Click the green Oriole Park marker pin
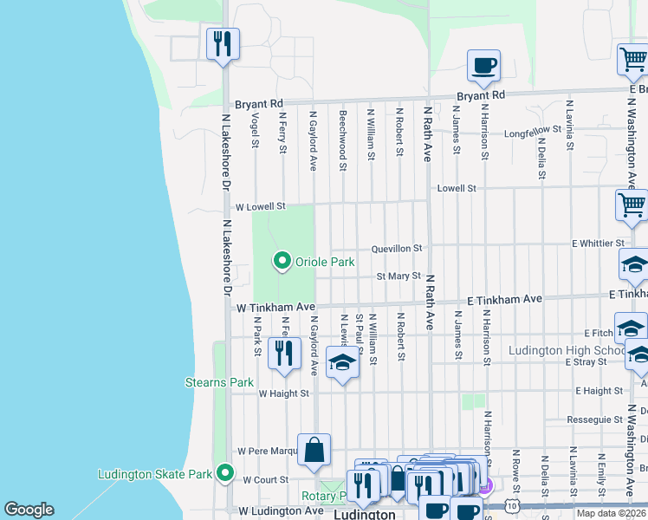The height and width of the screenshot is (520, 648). (282, 260)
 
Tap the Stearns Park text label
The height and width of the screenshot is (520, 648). (219, 382)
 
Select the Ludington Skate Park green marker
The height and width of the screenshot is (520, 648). (225, 473)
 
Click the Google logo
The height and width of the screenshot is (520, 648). (29, 510)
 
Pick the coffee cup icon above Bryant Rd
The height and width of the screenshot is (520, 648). (483, 65)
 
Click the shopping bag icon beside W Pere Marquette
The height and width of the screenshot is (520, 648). (313, 449)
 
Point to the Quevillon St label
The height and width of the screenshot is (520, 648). (397, 248)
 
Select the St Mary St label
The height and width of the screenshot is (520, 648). (398, 276)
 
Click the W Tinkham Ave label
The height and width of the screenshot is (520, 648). (275, 307)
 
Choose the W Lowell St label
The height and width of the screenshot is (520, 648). (260, 207)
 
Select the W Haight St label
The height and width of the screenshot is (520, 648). (283, 393)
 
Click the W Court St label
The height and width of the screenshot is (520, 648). (265, 479)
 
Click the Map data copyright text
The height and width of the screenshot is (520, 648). (611, 513)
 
